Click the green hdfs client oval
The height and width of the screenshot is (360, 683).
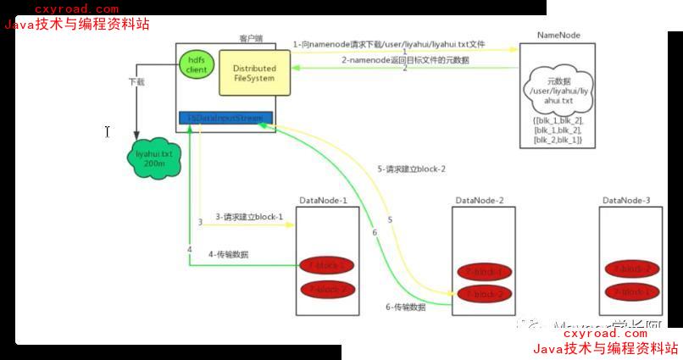click(x=197, y=64)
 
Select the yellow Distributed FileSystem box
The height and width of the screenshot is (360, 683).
click(x=253, y=72)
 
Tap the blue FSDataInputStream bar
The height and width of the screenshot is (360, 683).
click(x=225, y=117)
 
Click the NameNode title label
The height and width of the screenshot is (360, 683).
click(x=559, y=36)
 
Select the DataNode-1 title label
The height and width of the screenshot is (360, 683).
click(x=323, y=200)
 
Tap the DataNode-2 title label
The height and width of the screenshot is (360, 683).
click(x=478, y=200)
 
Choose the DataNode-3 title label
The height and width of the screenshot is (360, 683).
click(x=626, y=200)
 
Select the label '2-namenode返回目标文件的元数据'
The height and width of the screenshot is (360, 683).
click(x=405, y=60)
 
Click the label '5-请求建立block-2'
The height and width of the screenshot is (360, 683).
click(x=411, y=169)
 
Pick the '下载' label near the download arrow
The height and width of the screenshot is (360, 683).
click(x=136, y=82)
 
